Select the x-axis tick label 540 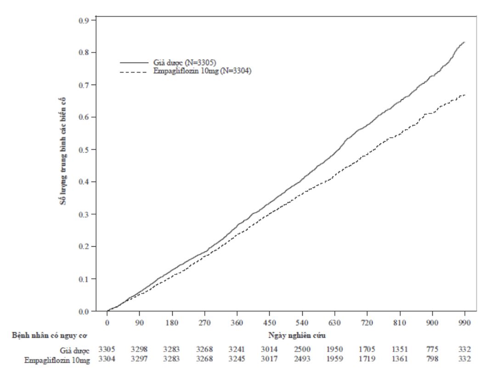tap(302, 322)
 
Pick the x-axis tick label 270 tap(204, 322)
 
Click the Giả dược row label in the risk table tap(76, 351)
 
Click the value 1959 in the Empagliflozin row tap(334, 359)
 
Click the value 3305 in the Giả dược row tap(107, 351)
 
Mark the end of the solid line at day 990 tap(464, 42)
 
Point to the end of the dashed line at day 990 tap(464, 95)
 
